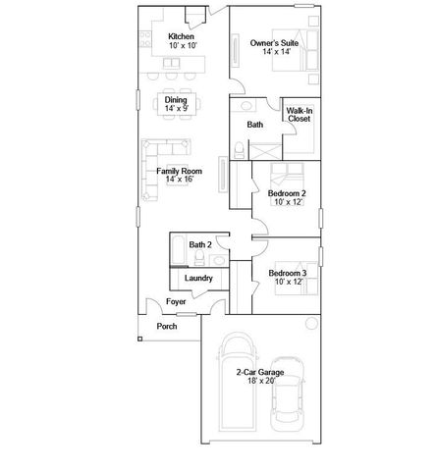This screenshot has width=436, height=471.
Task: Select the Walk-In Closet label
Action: (300, 115)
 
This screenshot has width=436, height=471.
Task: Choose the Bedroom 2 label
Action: (288, 194)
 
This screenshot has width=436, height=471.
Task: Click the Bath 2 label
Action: (200, 244)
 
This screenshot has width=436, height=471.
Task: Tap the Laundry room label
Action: (199, 279)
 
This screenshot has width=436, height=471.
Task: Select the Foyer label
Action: (176, 302)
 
